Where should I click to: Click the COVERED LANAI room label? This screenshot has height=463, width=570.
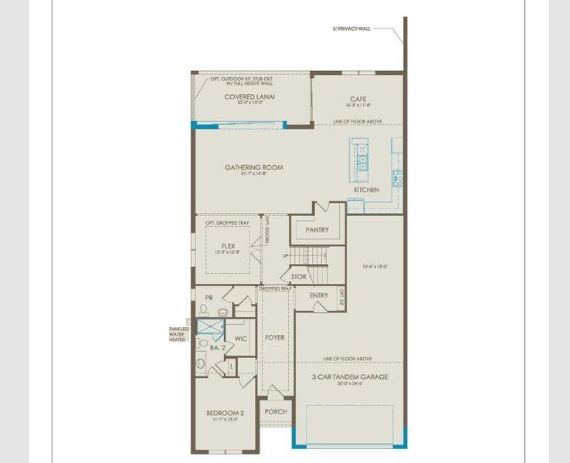coord(249,97)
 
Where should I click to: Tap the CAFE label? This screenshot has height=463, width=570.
coord(358,99)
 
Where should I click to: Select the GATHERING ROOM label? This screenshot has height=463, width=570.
coord(253,167)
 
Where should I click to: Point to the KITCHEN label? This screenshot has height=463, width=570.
coord(366,190)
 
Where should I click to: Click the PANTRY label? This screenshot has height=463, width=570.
coord(317,230)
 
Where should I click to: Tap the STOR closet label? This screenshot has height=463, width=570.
coord(298,276)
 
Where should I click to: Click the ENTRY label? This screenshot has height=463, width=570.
coord(318,296)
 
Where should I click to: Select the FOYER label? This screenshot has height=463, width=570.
coord(275,337)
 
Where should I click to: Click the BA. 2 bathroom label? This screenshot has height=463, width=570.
coord(217,348)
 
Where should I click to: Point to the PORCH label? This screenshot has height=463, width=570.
coord(276,412)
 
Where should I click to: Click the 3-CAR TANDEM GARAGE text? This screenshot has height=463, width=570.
coord(350,377)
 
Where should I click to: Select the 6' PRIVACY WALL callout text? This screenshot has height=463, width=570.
coord(351,29)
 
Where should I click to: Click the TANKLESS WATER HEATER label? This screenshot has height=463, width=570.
coord(178,334)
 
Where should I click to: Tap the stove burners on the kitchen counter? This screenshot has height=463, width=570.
coord(398,178)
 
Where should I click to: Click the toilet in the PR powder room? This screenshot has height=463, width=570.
coord(204,309)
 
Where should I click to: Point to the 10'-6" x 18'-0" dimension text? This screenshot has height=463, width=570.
coord(375,267)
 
